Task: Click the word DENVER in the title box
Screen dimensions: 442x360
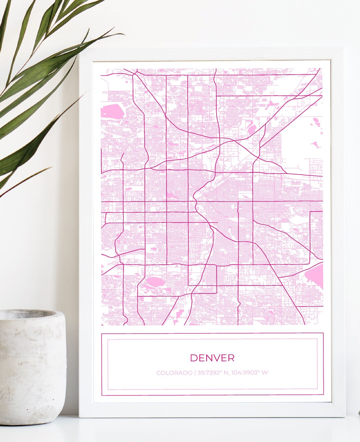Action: pyautogui.click(x=212, y=358)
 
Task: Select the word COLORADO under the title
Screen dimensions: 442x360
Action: pyautogui.click(x=174, y=373)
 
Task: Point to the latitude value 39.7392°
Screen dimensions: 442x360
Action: pyautogui.click(x=209, y=373)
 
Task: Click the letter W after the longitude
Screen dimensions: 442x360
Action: pyautogui.click(x=265, y=373)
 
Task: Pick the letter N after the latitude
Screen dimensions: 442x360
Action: pyautogui.click(x=226, y=373)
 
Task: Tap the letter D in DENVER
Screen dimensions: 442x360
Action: pyautogui.click(x=193, y=358)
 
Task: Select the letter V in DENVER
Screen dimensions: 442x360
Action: pyautogui.click(x=217, y=358)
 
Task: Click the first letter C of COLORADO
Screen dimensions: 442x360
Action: pyautogui.click(x=158, y=373)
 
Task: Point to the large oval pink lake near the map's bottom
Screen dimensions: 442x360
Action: pyautogui.click(x=154, y=283)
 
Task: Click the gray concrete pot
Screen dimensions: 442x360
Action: pyautogui.click(x=32, y=367)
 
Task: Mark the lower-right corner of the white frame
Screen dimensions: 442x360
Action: pyautogui.click(x=344, y=417)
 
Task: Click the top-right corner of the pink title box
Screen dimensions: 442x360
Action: pyautogui.click(x=323, y=333)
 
